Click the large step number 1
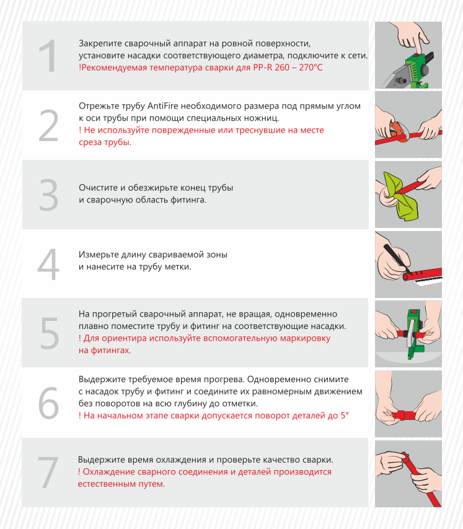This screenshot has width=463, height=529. tap(48, 56)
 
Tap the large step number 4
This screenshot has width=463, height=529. tap(48, 264)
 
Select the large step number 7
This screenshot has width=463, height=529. tap(48, 472)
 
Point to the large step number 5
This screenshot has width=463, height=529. tap(49, 333)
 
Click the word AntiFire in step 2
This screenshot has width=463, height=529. tap(163, 106)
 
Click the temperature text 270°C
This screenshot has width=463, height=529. tap(311, 68)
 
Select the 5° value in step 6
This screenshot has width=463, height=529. tap(345, 415)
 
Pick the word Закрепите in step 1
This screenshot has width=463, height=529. tap(100, 43)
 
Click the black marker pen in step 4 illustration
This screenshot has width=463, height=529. tap(397, 258)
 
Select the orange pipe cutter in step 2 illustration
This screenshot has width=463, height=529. tap(398, 131)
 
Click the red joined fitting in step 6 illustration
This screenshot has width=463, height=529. tap(404, 414)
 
